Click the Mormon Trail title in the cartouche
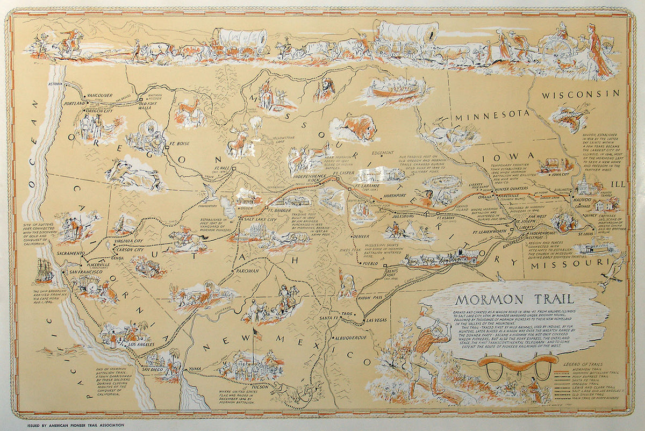(x=513, y=300)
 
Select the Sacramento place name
(x=67, y=253)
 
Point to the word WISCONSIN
(x=580, y=94)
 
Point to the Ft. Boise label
(x=180, y=144)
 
